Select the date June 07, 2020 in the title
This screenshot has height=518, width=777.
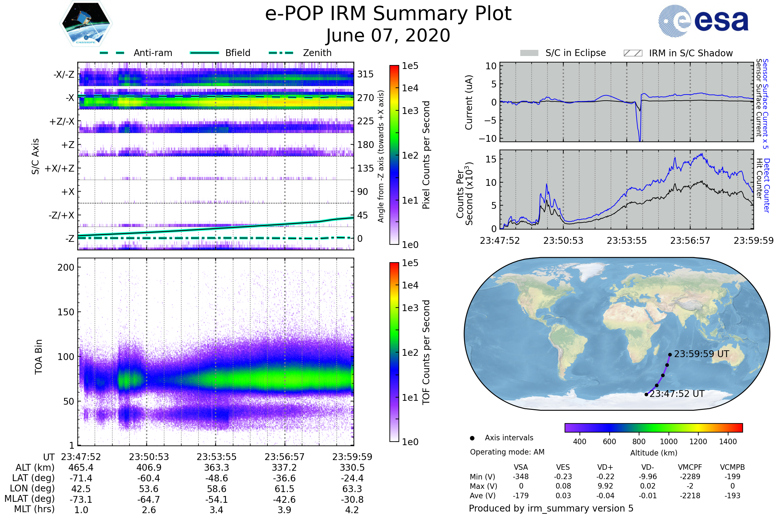[x=388, y=35]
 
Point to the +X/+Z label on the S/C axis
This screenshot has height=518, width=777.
[x=60, y=168]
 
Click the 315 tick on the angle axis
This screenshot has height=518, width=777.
[x=365, y=74]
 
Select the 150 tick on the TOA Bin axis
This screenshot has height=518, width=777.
[x=66, y=312]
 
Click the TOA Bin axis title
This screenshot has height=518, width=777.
[x=38, y=356]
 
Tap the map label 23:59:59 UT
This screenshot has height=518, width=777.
[x=701, y=354]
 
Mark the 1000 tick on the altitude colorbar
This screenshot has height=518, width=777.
[x=668, y=442]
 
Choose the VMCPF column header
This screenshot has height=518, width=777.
[x=690, y=467]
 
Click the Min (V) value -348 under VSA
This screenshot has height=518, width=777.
[x=521, y=477]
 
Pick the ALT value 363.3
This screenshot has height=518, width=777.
[x=216, y=467]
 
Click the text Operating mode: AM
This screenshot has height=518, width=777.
[x=507, y=452]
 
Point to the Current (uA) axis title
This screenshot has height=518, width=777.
[x=469, y=102]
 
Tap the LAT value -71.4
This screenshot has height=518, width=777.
[x=81, y=478]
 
